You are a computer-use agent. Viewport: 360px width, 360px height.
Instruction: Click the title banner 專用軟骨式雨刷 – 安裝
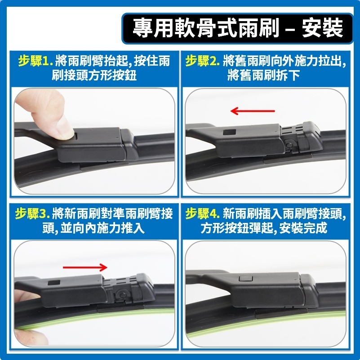(x=238, y=27)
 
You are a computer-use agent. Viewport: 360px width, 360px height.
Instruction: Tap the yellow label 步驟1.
(x=36, y=61)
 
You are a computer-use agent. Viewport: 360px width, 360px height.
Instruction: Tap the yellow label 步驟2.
(x=202, y=61)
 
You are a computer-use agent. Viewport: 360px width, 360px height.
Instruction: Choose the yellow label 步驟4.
(x=202, y=213)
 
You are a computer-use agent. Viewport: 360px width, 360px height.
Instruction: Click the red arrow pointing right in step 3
(x=85, y=267)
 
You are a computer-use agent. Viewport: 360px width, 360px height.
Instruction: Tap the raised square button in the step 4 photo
(x=245, y=279)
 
